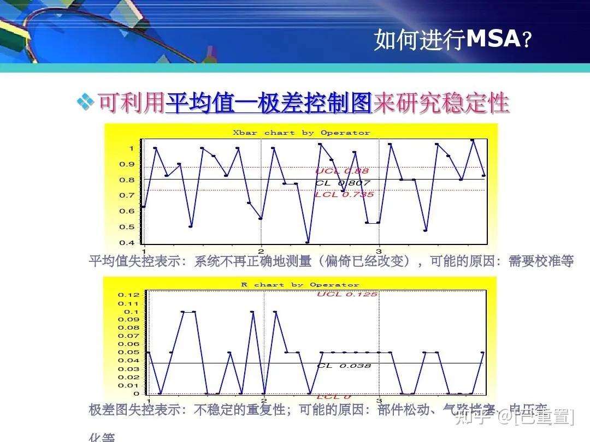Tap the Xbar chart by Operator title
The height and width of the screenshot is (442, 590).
[301, 133]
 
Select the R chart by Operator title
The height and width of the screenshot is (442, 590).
[300, 285]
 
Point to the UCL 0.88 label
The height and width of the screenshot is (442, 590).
[341, 171]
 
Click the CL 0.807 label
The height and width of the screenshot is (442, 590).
[343, 183]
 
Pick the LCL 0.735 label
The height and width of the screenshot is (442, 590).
[344, 194]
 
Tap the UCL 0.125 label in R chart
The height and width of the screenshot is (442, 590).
[347, 295]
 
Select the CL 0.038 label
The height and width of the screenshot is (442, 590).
[344, 366]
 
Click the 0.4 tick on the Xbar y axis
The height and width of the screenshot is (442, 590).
[127, 243]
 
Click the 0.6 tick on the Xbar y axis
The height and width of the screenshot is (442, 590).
[127, 211]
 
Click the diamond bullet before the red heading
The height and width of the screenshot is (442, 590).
[85, 102]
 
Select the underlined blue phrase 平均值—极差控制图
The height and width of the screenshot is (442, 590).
[269, 103]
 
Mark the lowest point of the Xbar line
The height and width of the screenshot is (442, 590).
[308, 242]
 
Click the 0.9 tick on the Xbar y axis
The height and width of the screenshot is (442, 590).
[127, 164]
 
